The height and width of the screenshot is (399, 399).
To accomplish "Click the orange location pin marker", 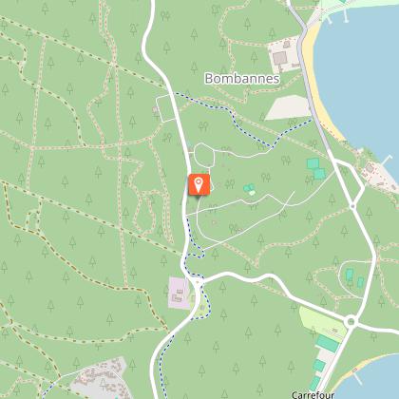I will tap(199, 184).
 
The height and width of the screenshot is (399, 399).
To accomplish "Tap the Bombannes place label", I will tap(241, 79).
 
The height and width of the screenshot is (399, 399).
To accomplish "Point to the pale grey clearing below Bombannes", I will tap(286, 107).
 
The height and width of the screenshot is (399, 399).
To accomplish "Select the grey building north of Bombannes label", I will tap(282, 48).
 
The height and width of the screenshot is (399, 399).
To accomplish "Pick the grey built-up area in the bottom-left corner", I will tap(99, 380).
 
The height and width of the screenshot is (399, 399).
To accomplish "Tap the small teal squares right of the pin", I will tap(249, 189).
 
